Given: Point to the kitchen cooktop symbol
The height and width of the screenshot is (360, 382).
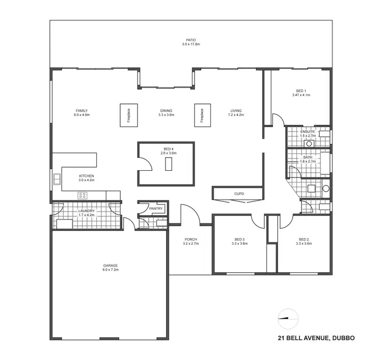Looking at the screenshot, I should (x=82, y=195).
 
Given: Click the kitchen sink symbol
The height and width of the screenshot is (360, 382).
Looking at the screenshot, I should (x=57, y=179).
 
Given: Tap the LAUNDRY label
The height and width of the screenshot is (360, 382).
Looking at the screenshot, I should (x=86, y=211).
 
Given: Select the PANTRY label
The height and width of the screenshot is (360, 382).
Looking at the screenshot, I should (x=155, y=208).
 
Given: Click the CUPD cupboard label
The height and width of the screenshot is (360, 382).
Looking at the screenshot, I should (x=239, y=194).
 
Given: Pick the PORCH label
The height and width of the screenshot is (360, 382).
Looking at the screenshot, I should (x=190, y=240).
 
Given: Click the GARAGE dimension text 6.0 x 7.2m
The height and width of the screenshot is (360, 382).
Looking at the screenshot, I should (x=111, y=270).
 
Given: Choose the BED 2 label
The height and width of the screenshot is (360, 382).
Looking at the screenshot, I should (x=304, y=240).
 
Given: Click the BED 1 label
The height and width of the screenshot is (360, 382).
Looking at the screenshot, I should (x=302, y=91).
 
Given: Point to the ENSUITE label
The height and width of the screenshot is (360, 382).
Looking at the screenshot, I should (x=308, y=132).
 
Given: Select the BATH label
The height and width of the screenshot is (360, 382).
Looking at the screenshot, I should (x=308, y=157).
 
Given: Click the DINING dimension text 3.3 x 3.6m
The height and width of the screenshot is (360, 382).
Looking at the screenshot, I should (x=166, y=115).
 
